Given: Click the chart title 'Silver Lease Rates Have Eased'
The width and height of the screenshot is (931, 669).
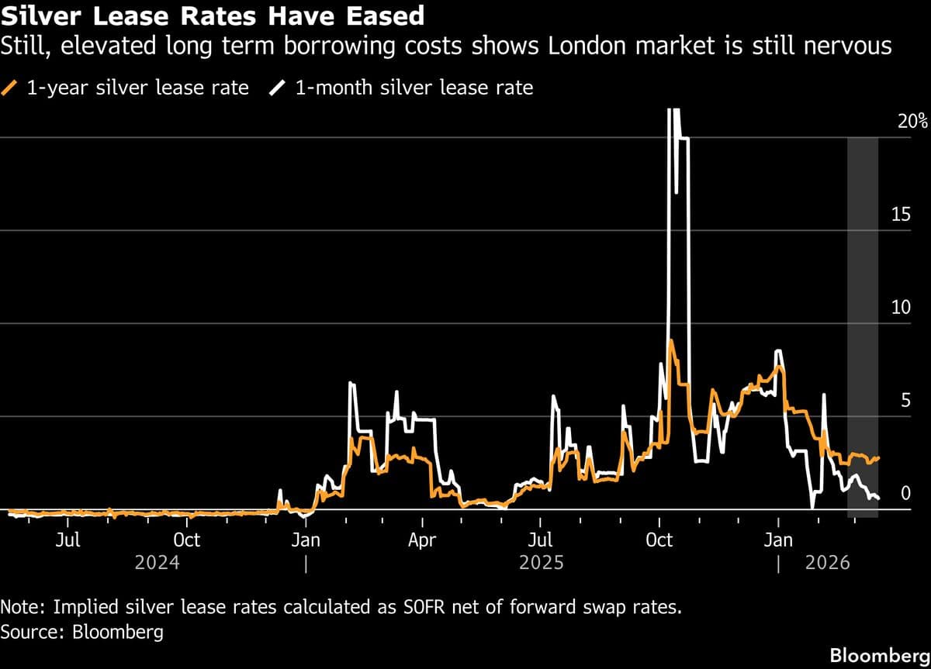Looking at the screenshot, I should coord(213,16).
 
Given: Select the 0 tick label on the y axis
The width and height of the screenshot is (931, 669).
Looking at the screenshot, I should coord(905,494).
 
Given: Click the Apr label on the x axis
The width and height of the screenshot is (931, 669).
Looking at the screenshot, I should coord(422,540).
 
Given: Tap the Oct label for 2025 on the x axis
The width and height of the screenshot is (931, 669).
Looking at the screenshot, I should coord(659,540).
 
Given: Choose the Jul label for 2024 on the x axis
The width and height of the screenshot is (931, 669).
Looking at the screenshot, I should coord(68,540).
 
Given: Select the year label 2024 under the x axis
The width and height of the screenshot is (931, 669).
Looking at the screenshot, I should coord(157,563).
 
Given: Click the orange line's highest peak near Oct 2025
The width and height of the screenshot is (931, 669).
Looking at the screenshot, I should coord(670,340).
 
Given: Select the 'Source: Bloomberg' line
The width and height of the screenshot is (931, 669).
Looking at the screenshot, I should coord(82,632).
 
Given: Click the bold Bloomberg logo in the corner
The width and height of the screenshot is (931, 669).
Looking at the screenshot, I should coord(879,655).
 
